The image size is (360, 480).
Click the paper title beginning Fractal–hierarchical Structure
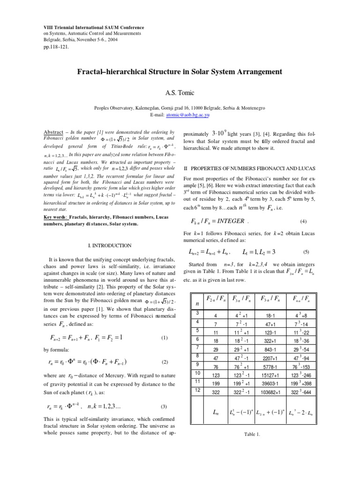tap(180, 72)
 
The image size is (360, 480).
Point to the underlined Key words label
tap(55, 217)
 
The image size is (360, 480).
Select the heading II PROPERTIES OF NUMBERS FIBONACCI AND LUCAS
tap(248, 168)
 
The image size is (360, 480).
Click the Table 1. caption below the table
tap(252, 435)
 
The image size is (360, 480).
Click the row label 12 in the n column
tap(197, 390)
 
